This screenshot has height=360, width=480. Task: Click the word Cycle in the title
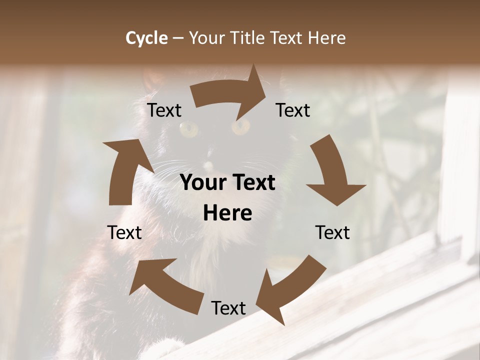coord(146,38)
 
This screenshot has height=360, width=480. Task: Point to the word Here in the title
coord(326,38)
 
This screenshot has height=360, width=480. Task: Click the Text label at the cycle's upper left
coord(164,110)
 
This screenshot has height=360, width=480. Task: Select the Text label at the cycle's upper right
coord(293,110)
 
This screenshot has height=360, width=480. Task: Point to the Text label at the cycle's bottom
coord(228,308)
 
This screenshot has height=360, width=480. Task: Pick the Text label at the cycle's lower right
coord(332,232)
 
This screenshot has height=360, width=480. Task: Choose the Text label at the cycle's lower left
coord(124,232)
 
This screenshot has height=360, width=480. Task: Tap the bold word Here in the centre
coord(227,213)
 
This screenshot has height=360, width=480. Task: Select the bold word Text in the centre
coord(253,183)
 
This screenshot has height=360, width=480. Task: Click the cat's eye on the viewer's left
coord(189,129)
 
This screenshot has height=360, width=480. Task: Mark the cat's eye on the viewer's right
coord(240,126)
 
